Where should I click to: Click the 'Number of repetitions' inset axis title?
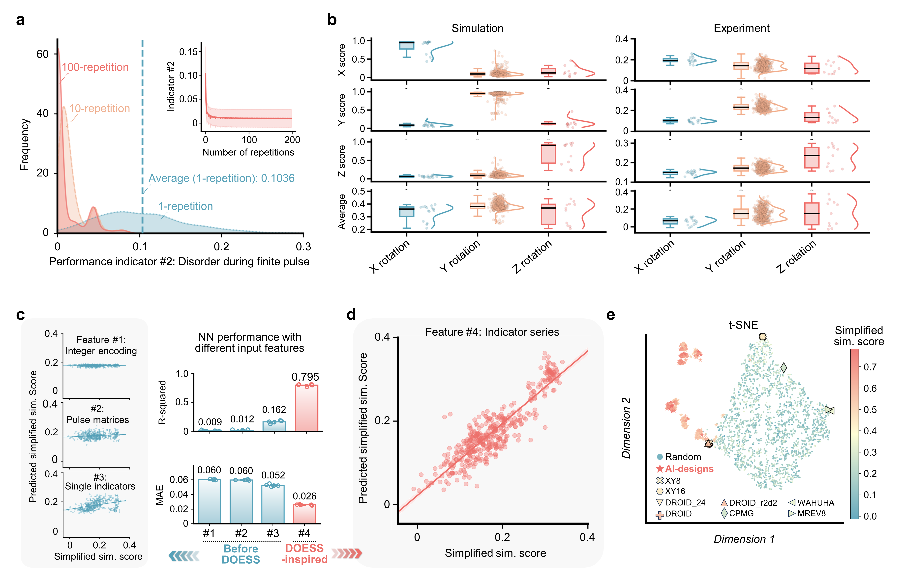pyautogui.click(x=248, y=152)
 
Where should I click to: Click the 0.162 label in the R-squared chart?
pyautogui.click(x=274, y=410)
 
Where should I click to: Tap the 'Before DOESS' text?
pyautogui.click(x=241, y=554)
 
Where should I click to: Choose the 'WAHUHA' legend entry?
pyautogui.click(x=815, y=502)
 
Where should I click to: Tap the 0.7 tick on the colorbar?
pyautogui.click(x=870, y=367)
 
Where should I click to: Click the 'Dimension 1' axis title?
pyautogui.click(x=744, y=539)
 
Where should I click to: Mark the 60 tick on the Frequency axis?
pyautogui.click(x=43, y=54)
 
